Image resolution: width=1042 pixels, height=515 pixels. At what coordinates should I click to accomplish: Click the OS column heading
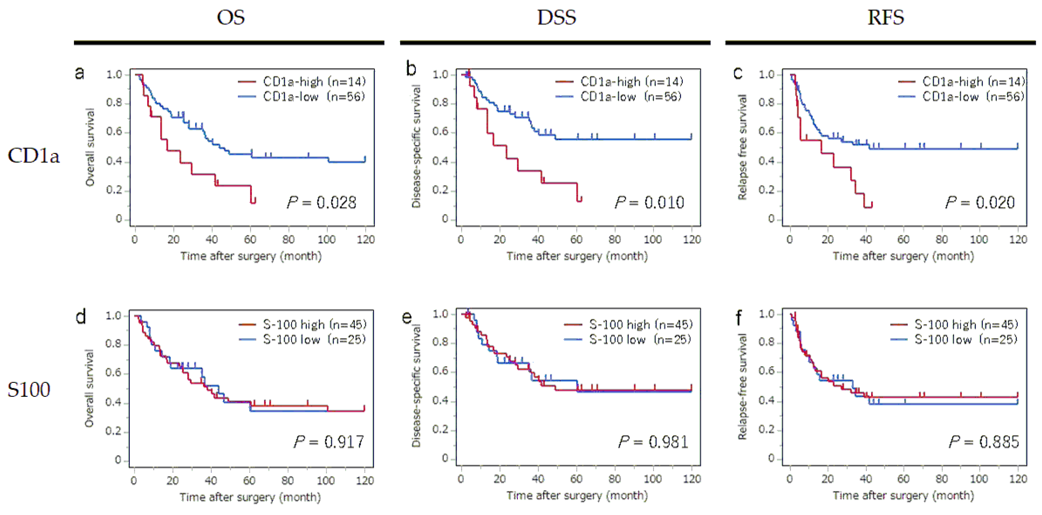(x=231, y=18)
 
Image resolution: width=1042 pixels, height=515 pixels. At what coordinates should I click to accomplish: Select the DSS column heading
(x=556, y=18)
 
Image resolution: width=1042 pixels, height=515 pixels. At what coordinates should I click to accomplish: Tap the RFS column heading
(x=885, y=18)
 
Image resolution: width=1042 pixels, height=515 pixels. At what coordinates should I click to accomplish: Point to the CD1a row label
(x=34, y=156)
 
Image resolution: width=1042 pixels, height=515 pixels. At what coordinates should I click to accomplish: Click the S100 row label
(x=29, y=390)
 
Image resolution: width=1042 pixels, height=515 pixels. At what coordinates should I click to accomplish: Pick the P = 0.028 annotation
(x=321, y=203)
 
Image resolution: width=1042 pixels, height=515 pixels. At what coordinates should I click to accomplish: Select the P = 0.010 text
(x=649, y=203)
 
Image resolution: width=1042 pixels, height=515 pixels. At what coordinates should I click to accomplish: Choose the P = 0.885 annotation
(x=984, y=442)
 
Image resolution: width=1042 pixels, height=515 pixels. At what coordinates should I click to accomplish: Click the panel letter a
(x=80, y=73)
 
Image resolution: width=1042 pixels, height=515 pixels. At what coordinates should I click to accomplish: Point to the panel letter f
(x=739, y=318)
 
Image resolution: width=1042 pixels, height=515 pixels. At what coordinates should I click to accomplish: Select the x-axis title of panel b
(x=577, y=256)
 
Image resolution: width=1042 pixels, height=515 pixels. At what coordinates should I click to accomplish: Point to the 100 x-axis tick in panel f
(x=979, y=479)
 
